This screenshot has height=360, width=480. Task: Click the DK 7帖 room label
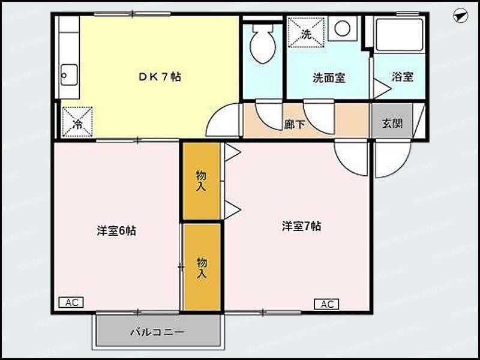click(x=160, y=77)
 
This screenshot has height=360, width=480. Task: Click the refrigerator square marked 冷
click(x=78, y=122)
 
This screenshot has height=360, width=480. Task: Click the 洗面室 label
click(x=328, y=77)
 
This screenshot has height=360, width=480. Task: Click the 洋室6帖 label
click(x=116, y=230)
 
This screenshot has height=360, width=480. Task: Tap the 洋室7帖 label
click(x=302, y=226)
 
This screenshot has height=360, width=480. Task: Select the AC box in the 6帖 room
click(x=71, y=302)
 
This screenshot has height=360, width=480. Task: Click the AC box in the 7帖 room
click(x=326, y=304)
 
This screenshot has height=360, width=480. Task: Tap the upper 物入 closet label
click(x=201, y=181)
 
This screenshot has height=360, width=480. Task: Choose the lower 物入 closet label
click(x=202, y=267)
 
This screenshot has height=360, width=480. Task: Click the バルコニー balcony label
click(x=157, y=331)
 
